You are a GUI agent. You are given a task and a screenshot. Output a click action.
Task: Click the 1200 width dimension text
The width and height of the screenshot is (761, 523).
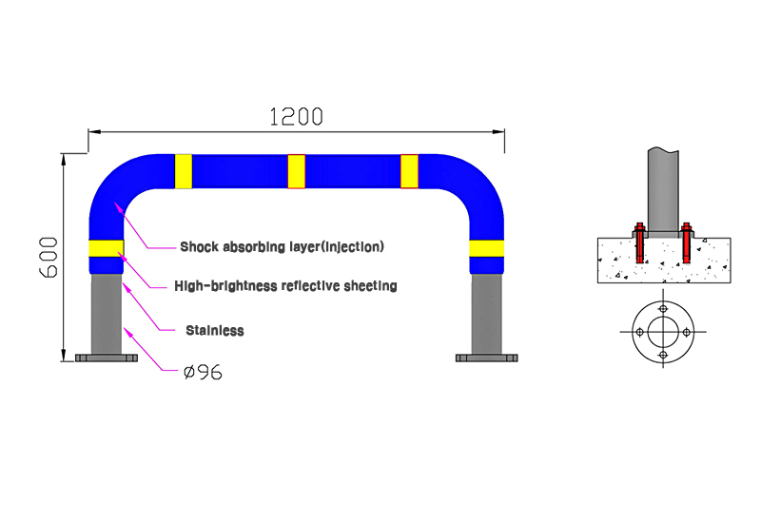click(296, 117)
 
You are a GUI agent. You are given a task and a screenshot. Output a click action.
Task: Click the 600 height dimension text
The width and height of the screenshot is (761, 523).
click(49, 257)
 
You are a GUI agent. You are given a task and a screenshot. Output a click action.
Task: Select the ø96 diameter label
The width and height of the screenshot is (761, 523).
click(204, 373)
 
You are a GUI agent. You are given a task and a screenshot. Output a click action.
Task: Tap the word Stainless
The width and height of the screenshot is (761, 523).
click(215, 331)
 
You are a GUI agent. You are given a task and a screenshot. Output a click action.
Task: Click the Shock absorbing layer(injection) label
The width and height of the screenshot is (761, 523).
click(282, 247)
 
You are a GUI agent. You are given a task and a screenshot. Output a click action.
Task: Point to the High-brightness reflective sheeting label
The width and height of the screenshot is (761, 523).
click(285, 286)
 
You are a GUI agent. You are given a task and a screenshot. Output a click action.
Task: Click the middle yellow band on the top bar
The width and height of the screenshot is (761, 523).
click(296, 171)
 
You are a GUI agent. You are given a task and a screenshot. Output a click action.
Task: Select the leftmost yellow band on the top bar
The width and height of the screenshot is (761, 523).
click(184, 171)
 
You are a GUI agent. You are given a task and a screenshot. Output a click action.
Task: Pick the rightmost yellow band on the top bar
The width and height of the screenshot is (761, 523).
click(409, 171)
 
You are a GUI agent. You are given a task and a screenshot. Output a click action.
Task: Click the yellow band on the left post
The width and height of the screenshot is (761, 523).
click(106, 248)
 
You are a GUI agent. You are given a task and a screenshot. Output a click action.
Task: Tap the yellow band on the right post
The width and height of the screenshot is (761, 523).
click(486, 248)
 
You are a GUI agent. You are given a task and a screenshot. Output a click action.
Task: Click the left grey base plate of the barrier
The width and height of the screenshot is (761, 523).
click(107, 358)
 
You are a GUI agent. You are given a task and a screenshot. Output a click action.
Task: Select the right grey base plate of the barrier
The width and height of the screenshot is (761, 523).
click(487, 358)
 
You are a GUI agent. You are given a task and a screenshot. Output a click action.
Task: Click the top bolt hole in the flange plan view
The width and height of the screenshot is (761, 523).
click(663, 309)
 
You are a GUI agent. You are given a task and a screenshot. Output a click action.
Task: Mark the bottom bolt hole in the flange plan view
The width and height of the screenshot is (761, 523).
click(663, 355)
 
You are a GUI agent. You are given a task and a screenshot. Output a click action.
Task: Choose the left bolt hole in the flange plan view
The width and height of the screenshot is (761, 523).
click(639, 332)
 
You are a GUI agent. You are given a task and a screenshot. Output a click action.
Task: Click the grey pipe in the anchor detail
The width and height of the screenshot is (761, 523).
click(663, 190)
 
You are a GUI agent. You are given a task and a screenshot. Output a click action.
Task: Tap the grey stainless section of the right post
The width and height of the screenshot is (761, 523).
click(486, 314)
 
